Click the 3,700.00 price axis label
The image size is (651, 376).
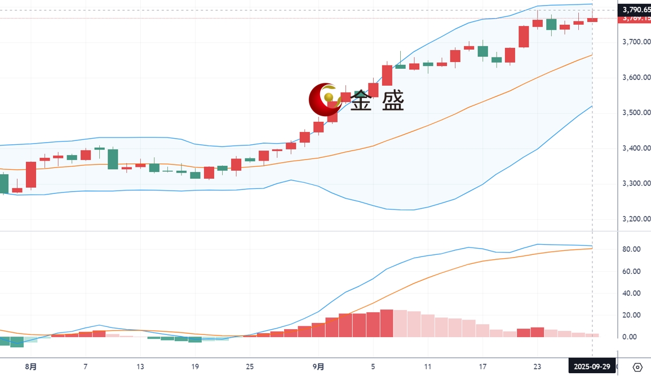coord(635,42)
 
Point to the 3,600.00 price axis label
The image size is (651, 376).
coord(635,78)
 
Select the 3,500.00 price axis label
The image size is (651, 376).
coord(635,113)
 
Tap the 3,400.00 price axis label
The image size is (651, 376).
coord(635,148)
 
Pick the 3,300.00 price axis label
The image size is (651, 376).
coord(635,184)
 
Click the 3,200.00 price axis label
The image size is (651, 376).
coord(635,219)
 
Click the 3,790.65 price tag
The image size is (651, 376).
coord(635,10)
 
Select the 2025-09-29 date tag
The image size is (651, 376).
coord(592,367)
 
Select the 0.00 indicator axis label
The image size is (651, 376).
coord(630,337)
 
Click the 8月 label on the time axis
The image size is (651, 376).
coord(32,367)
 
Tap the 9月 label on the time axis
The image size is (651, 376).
coord(318,367)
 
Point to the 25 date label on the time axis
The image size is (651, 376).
coord(249,367)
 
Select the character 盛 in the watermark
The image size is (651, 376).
coord(393,101)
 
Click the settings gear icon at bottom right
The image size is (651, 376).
coord(637,367)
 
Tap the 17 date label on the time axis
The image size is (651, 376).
coord(482,367)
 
